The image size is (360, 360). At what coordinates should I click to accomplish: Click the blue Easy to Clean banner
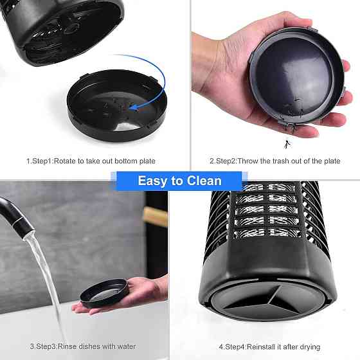179,181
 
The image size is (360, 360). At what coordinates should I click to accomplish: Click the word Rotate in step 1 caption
65,161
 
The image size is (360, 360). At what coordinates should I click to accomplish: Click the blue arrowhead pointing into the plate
134,107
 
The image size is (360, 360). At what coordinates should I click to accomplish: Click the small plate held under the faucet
104,293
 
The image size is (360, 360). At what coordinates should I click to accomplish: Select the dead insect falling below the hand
287,144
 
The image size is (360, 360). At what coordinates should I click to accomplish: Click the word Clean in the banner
204,181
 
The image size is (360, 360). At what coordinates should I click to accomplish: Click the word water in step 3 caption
126,346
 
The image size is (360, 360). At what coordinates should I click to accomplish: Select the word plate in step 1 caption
147,161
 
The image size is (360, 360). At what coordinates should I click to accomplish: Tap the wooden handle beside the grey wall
156,216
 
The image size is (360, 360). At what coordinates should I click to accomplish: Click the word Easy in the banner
153,181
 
